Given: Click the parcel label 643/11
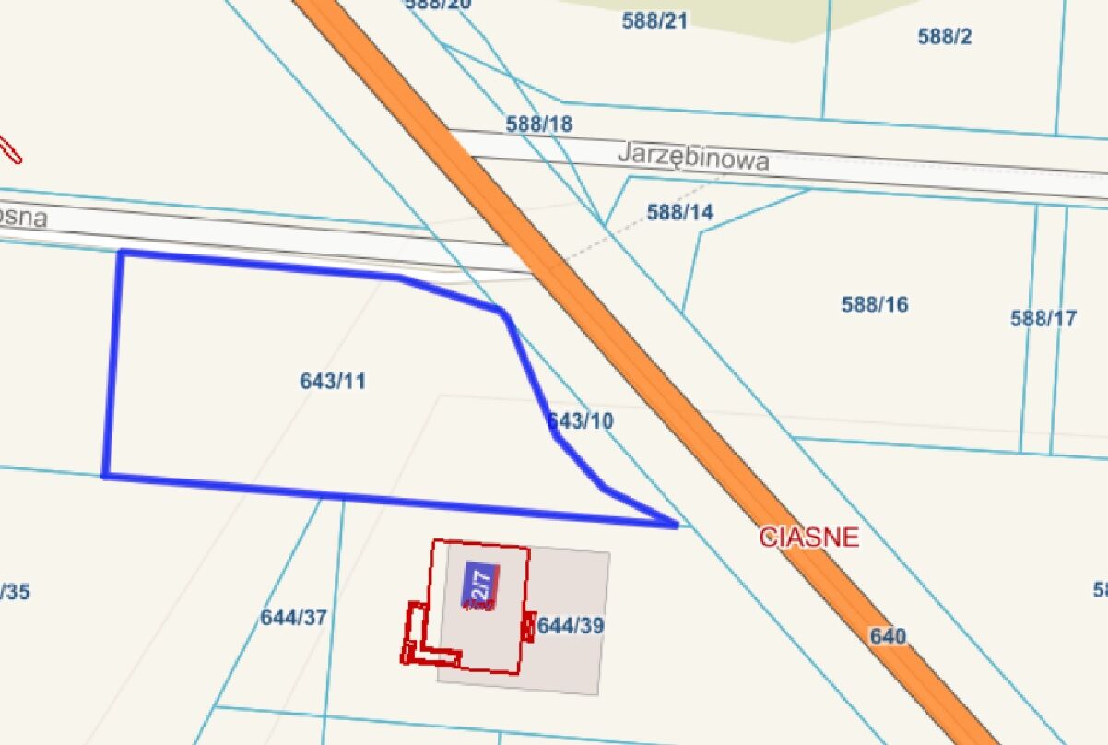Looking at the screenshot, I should tap(332, 381).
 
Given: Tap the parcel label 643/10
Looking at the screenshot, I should tap(581, 421).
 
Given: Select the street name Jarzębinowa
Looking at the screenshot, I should tap(693, 156).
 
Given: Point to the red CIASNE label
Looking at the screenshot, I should tap(808, 537).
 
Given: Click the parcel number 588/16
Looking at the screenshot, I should tap(874, 304).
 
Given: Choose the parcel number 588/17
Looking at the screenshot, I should tap(1043, 319).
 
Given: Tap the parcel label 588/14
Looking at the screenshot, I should tap(680, 212).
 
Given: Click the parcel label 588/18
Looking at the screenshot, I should tap(538, 124).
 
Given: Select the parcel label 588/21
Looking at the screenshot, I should tap(654, 20).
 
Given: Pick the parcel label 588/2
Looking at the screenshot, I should tap(945, 37).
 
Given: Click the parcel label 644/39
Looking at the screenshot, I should tap(571, 626).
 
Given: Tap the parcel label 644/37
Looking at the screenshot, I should tap(293, 618).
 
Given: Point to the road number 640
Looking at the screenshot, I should tap(887, 636).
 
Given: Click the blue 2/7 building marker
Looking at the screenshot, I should tap(479, 585).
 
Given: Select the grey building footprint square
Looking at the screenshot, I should tap(567, 664).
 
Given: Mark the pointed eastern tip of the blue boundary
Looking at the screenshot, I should tap(677, 526).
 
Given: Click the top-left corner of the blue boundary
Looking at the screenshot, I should tap(122, 253).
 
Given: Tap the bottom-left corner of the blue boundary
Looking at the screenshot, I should tap(105, 476).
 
